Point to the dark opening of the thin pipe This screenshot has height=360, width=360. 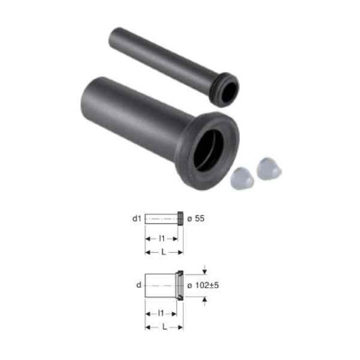coord(229,92)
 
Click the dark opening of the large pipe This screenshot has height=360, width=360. coord(208,150)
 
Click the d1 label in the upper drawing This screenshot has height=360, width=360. coord(136,219)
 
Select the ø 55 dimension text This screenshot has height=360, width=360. coord(196,219)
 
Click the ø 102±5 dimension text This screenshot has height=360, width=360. coord(203,285)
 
